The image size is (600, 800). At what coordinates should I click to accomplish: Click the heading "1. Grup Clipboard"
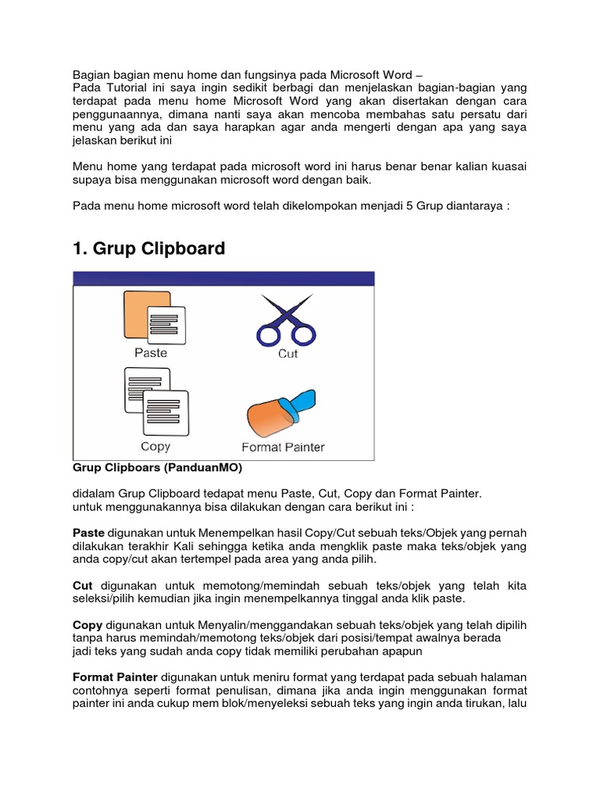click(148, 248)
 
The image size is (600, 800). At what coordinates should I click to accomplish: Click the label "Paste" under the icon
click(151, 352)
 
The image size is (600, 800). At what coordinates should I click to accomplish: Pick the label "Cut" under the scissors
click(288, 354)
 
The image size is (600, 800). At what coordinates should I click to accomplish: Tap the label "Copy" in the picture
click(155, 446)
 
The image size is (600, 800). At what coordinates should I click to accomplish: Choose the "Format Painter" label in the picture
click(283, 448)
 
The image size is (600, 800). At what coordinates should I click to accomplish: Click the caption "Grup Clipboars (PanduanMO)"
click(157, 468)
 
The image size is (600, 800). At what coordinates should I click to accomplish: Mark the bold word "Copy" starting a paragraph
click(87, 625)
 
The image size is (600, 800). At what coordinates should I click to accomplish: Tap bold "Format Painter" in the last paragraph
click(115, 677)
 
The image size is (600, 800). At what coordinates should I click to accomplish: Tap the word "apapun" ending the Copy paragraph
click(400, 651)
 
